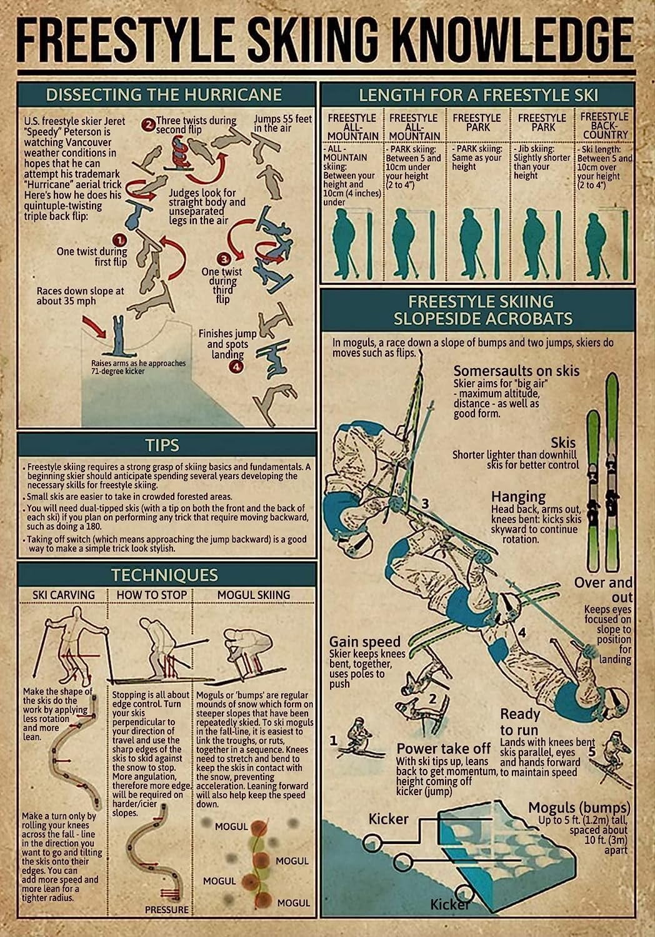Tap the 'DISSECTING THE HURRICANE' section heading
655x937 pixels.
pyautogui.click(x=164, y=94)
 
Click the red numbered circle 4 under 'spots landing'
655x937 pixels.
pyautogui.click(x=236, y=367)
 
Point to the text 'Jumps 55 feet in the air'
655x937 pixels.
pyautogui.click(x=282, y=123)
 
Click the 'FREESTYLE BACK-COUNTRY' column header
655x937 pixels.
pyautogui.click(x=604, y=125)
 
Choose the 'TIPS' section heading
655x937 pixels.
pyautogui.click(x=162, y=445)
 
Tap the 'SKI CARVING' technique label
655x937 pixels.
pyautogui.click(x=63, y=595)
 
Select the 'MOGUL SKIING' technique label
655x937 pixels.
pyautogui.click(x=253, y=595)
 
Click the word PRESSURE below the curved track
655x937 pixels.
pyautogui.click(x=166, y=910)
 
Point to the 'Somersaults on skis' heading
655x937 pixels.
pyautogui.click(x=516, y=371)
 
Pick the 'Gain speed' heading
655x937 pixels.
pyautogui.click(x=364, y=642)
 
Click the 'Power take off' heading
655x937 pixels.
pyautogui.click(x=443, y=748)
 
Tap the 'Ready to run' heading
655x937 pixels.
pyautogui.click(x=520, y=722)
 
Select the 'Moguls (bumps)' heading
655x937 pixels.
pyautogui.click(x=579, y=808)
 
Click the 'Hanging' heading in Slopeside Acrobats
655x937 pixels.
pyautogui.click(x=518, y=497)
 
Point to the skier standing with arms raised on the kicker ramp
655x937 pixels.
pyautogui.click(x=117, y=335)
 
